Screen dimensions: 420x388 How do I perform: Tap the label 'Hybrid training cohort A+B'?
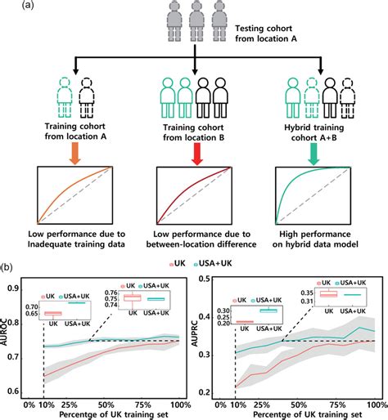pos(314,132)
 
